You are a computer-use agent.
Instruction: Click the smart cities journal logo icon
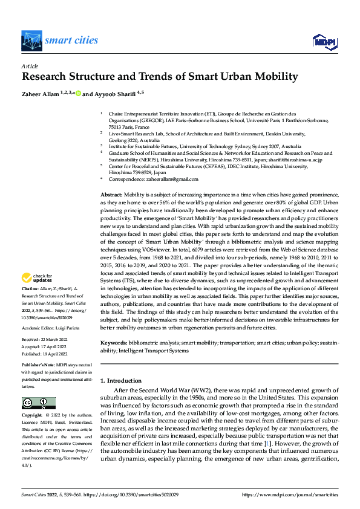click(31, 41)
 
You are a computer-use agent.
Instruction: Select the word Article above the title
click(30, 66)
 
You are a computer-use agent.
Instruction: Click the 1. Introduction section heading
click(121, 380)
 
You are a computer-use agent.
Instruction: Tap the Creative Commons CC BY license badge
click(38, 403)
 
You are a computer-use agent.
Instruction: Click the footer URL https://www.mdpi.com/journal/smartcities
click(290, 495)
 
